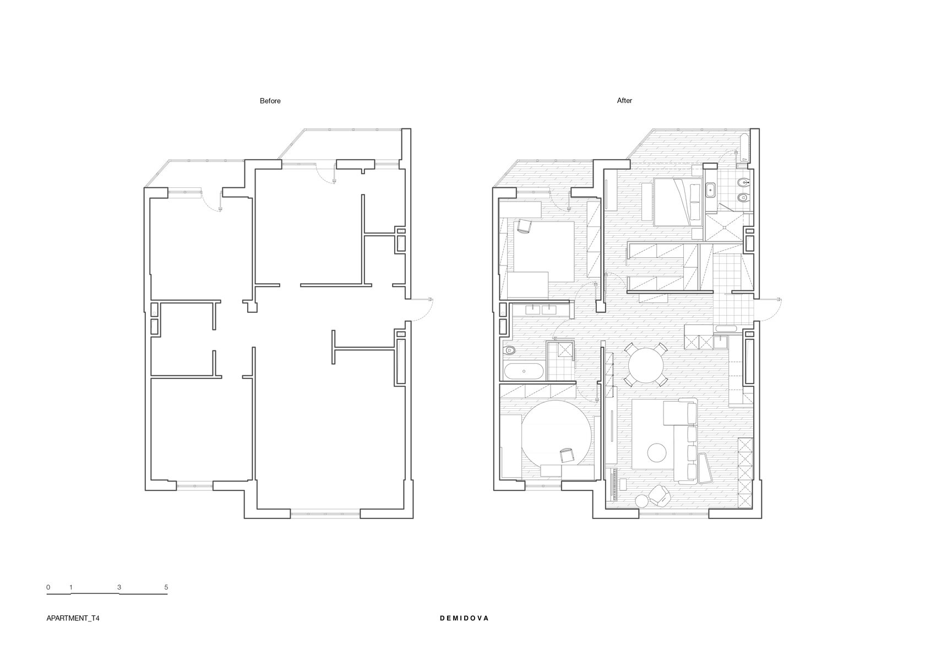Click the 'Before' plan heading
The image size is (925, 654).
270,101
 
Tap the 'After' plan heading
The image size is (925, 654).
624,100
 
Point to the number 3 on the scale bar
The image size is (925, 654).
119,587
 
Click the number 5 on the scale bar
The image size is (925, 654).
166,587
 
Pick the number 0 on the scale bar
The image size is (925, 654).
48,587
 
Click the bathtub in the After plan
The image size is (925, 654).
524,371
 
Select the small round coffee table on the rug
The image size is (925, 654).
656,452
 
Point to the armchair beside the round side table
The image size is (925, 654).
659,495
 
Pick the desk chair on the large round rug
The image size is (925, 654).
566,455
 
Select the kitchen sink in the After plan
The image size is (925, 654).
720,343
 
